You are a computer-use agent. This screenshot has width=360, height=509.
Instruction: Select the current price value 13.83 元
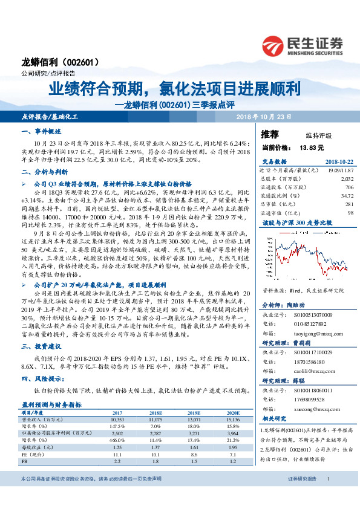tap(312, 147)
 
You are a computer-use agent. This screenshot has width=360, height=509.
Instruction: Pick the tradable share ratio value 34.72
tap(347, 196)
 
